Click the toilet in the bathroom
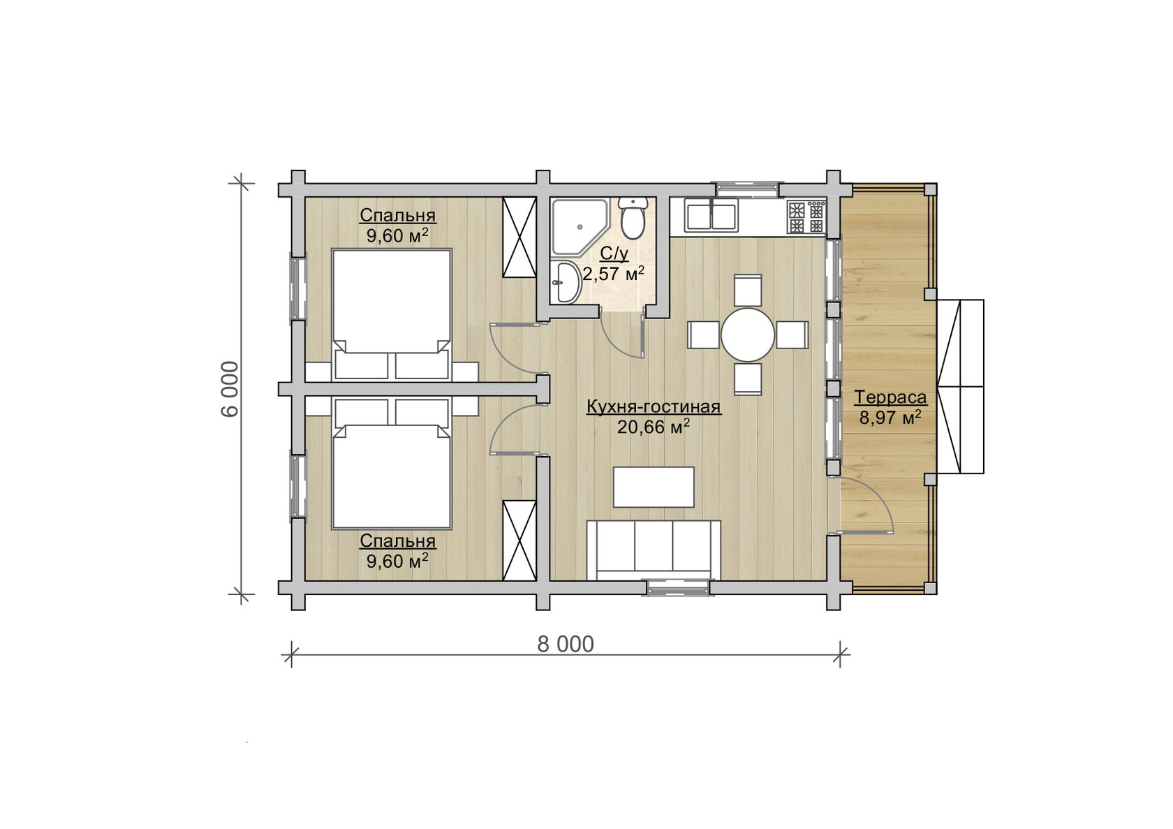pyautogui.click(x=633, y=219)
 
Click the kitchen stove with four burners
pyautogui.click(x=806, y=217)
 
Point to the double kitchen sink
pyautogui.click(x=711, y=217)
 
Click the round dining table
pyautogui.click(x=747, y=335)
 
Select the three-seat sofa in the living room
pyautogui.click(x=654, y=550)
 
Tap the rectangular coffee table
pyautogui.click(x=654, y=487)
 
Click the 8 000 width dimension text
pyautogui.click(x=566, y=645)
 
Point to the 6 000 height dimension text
pyautogui.click(x=230, y=388)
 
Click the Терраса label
pyautogui.click(x=890, y=397)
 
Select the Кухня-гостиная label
pyautogui.click(x=654, y=406)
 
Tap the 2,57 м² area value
pyautogui.click(x=613, y=273)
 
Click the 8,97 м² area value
pyautogui.click(x=890, y=418)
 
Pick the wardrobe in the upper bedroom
pyautogui.click(x=519, y=237)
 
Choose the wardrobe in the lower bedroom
pyautogui.click(x=519, y=541)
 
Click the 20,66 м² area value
pyautogui.click(x=654, y=427)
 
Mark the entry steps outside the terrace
pyautogui.click(x=961, y=386)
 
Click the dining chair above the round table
pyautogui.click(x=748, y=290)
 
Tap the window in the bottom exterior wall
pyautogui.click(x=679, y=587)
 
